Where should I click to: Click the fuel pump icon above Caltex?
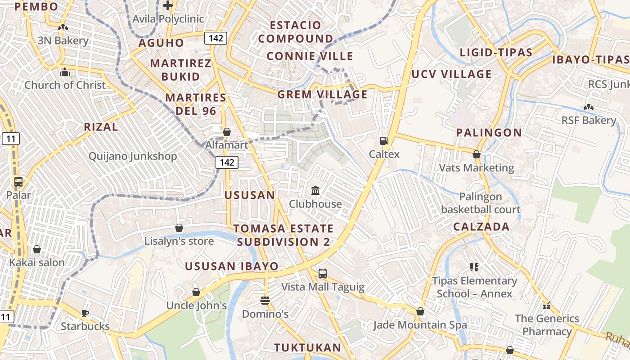click(384, 141)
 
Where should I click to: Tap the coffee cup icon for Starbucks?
click(85, 313)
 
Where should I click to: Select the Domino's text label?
click(265, 314)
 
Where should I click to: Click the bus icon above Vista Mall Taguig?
click(322, 273)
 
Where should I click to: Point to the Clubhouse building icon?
click(315, 191)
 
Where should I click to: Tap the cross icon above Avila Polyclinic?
click(168, 6)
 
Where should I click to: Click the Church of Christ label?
click(65, 85)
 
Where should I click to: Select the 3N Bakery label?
click(63, 40)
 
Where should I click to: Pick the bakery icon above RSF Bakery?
click(588, 107)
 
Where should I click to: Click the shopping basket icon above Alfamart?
click(227, 132)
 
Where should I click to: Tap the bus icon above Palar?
click(18, 182)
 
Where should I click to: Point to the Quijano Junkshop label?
click(133, 156)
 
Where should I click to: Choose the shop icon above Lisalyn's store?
click(179, 228)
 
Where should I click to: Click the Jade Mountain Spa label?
click(420, 324)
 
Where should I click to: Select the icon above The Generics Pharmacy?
click(547, 306)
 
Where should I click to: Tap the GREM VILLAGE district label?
click(322, 94)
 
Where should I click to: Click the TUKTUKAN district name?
click(308, 347)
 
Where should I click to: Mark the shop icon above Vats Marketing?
click(477, 155)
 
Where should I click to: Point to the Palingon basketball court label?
click(481, 203)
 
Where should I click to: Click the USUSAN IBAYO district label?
click(232, 266)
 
